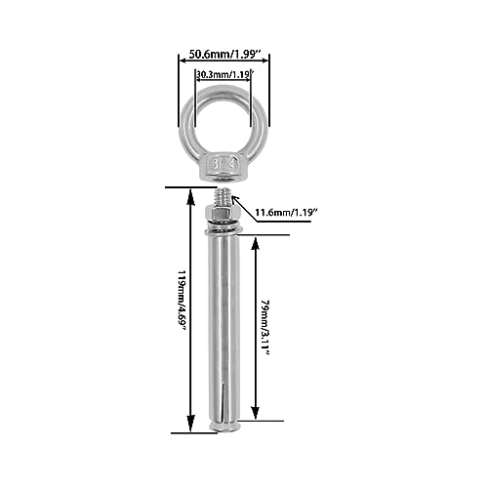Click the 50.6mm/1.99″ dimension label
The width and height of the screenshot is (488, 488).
click(x=224, y=54)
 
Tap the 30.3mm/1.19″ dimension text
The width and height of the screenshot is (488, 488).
click(x=224, y=74)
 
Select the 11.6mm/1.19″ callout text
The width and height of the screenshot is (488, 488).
click(x=286, y=213)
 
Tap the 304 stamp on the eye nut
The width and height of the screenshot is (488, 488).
click(x=224, y=164)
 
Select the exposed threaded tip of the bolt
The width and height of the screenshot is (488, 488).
click(x=224, y=197)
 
